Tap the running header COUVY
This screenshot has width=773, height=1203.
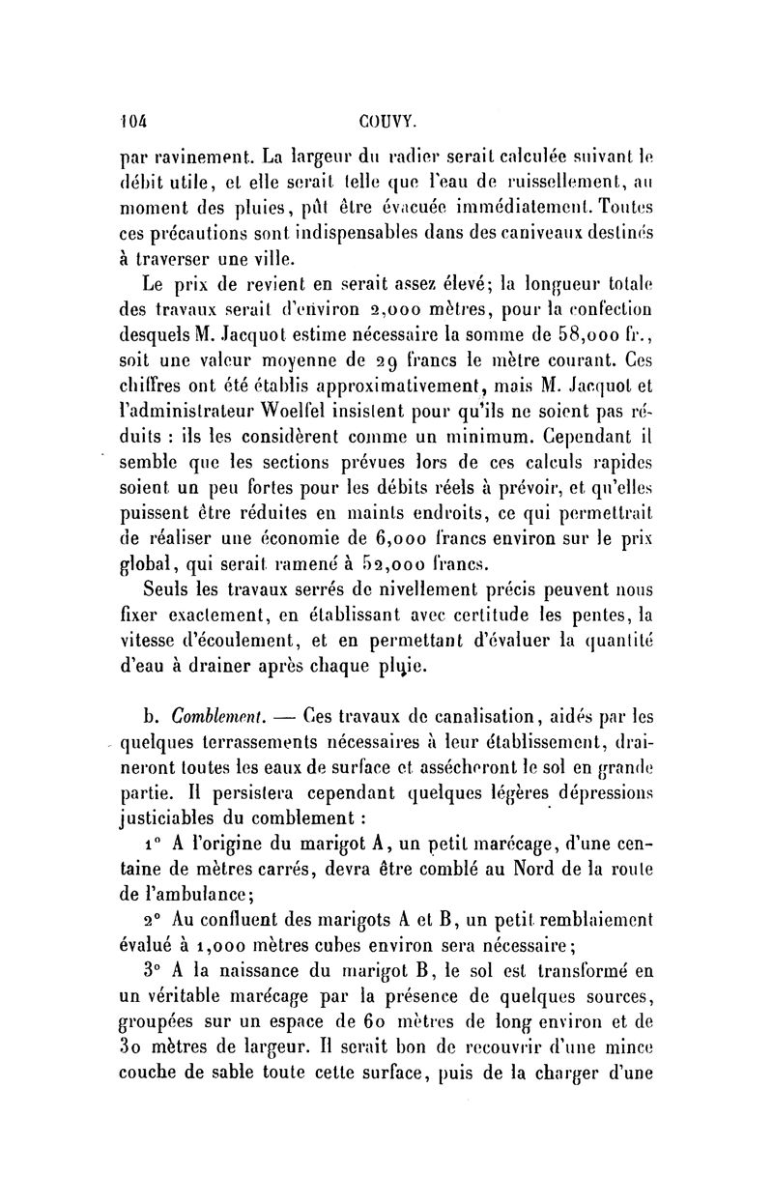386,122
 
